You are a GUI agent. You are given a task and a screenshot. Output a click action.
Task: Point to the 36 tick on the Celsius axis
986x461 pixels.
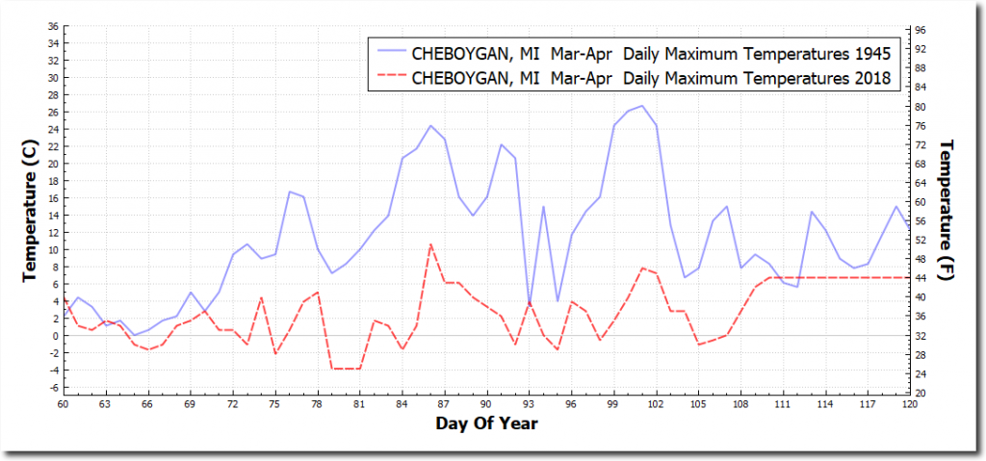pos(51,26)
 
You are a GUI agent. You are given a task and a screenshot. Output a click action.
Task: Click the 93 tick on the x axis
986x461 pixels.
pos(529,405)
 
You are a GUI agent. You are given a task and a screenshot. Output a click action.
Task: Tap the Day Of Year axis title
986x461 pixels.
pos(486,423)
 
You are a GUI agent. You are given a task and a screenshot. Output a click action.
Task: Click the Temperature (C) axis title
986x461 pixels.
pos(29,208)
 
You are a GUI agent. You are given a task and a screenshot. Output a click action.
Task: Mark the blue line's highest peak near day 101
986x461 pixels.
pos(642,106)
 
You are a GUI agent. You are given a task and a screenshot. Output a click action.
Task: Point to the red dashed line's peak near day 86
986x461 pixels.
pos(430,244)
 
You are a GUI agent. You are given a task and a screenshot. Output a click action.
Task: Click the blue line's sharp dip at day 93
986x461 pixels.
pos(529,304)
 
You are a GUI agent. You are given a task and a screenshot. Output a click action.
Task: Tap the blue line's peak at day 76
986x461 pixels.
pos(289,192)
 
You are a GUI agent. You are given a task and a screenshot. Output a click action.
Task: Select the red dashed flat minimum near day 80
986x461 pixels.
pos(346,369)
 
